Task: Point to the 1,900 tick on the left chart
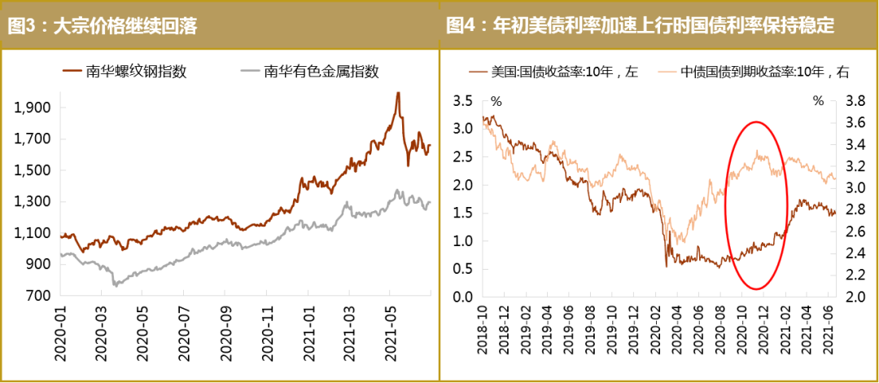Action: [34, 108]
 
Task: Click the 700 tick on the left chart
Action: [40, 297]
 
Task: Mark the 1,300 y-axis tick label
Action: [34, 202]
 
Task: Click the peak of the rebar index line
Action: [398, 93]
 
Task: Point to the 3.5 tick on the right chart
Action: [463, 101]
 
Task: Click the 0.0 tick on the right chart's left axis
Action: [463, 297]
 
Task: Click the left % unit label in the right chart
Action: [496, 102]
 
